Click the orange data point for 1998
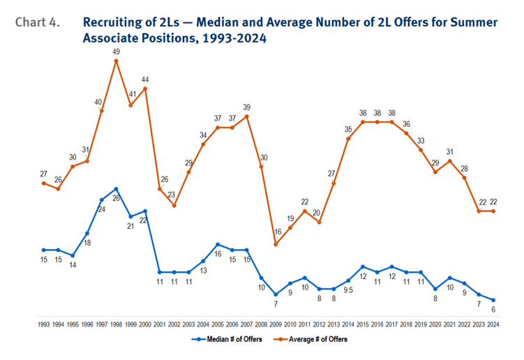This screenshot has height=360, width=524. click(x=116, y=61)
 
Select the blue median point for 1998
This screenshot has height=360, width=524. click(x=116, y=189)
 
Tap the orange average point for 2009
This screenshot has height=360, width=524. click(x=276, y=244)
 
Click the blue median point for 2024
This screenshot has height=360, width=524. click(x=493, y=300)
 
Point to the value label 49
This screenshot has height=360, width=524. click(x=116, y=51)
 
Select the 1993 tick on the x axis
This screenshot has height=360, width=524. click(x=43, y=324)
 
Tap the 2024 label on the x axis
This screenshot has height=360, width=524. click(x=493, y=324)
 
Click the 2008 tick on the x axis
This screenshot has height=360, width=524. click(x=261, y=324)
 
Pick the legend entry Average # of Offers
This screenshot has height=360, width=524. click(x=313, y=340)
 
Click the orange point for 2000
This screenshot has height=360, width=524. click(x=145, y=89)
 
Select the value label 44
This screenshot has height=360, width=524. click(x=145, y=79)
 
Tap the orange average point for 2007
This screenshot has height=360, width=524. click(x=247, y=117)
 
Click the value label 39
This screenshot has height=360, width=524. click(x=247, y=107)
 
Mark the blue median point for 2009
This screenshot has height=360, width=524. click(x=276, y=294)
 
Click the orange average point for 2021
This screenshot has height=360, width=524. click(x=450, y=160)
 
